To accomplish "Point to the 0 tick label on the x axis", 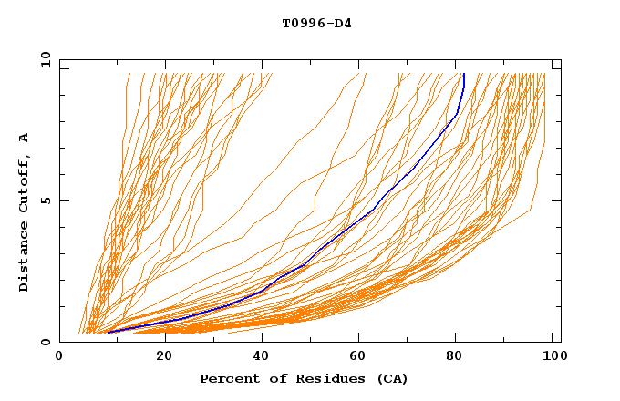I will click(x=59, y=357).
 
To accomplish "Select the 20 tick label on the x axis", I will click(x=159, y=357).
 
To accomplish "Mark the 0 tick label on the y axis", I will click(x=45, y=342).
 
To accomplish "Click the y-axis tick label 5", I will click(x=45, y=200).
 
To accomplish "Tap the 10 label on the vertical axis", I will click(x=41, y=59).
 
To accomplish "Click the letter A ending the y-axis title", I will click(x=25, y=137).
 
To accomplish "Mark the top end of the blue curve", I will click(x=464, y=75).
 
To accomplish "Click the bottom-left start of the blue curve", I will click(x=108, y=333).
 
